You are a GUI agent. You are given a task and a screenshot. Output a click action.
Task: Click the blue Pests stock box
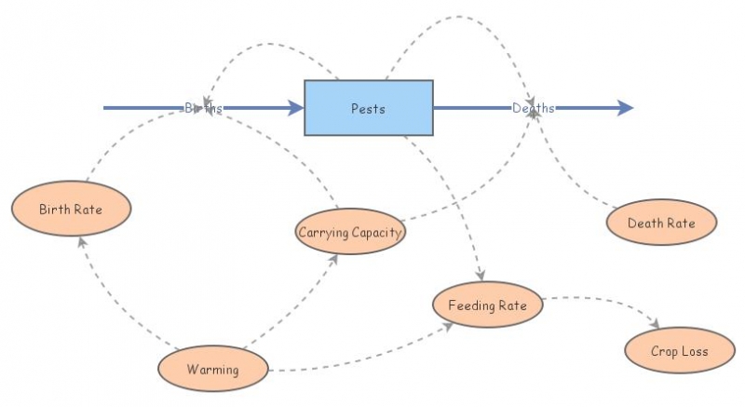(x=369, y=108)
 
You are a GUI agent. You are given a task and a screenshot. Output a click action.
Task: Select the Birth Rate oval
(x=71, y=209)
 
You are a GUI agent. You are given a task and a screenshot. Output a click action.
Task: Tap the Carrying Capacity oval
(x=350, y=231)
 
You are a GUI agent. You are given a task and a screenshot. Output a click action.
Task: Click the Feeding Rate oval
(x=487, y=305)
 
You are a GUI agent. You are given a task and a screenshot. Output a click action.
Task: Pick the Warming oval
(x=212, y=369)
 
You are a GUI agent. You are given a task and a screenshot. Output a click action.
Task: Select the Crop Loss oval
(x=680, y=351)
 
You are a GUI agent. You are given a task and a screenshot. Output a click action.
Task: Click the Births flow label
(x=203, y=108)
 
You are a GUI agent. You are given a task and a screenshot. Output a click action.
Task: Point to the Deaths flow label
(x=534, y=108)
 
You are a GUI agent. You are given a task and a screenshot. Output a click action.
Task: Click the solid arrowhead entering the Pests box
(x=296, y=108)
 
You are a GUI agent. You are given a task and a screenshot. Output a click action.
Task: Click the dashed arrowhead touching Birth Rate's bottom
(x=82, y=240)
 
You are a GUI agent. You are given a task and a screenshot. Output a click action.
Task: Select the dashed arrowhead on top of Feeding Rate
(x=481, y=275)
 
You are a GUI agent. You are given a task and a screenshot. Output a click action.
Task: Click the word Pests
(x=369, y=108)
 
